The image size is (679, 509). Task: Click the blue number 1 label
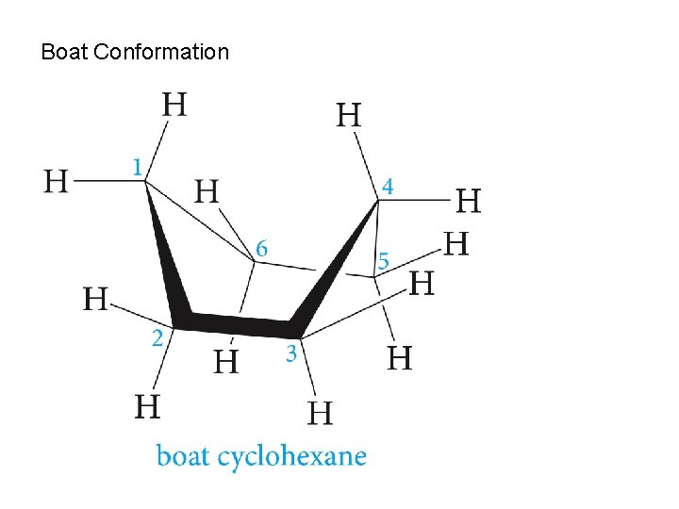139,167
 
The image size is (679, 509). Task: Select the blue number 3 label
291,354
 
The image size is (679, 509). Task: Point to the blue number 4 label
387,188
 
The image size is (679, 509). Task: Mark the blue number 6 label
261,249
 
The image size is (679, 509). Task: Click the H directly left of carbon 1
57,180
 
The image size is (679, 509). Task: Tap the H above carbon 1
174,104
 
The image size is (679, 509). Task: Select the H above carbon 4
348,116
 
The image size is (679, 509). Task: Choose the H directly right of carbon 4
468,201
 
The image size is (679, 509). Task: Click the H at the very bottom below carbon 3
321,413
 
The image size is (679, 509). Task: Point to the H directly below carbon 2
146,407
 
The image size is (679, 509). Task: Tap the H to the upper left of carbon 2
96,300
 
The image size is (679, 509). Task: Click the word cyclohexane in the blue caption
292,457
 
